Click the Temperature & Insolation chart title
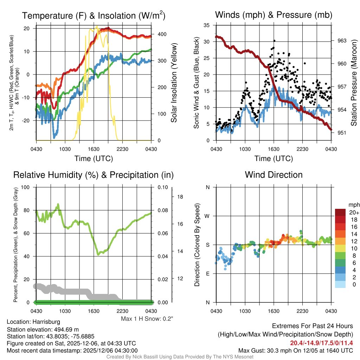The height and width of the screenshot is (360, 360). (x=94, y=16)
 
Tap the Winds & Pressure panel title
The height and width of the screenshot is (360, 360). (x=274, y=15)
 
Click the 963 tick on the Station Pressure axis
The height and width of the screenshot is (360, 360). (x=342, y=41)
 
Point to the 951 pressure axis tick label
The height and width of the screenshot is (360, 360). (x=342, y=133)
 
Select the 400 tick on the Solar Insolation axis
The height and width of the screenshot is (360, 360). (x=162, y=34)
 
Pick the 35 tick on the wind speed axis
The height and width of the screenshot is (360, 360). (x=207, y=25)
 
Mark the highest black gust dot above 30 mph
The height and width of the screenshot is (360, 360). (x=274, y=41)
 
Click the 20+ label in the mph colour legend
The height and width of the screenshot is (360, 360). (x=353, y=212)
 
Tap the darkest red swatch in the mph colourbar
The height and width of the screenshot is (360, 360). (x=341, y=212)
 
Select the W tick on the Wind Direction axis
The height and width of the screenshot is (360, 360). (x=207, y=216)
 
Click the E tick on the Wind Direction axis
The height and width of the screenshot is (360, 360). (x=208, y=274)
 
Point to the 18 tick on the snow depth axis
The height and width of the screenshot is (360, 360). (x=180, y=197)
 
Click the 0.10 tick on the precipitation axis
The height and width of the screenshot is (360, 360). (x=162, y=187)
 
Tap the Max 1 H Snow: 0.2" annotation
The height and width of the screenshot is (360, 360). (x=147, y=319)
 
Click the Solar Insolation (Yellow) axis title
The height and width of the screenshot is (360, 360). (x=174, y=83)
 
